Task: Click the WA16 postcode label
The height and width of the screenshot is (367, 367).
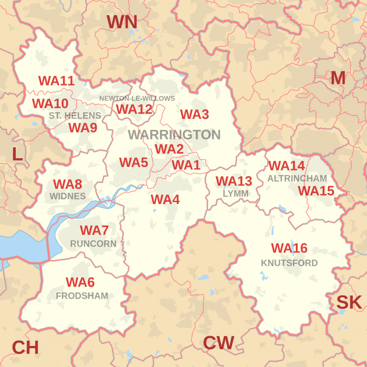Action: click(289, 248)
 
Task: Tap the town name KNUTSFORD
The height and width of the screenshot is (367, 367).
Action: click(289, 263)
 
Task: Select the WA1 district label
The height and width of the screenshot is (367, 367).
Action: click(186, 165)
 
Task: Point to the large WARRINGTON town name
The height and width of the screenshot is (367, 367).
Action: click(174, 135)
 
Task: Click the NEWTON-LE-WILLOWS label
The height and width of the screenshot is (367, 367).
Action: click(137, 98)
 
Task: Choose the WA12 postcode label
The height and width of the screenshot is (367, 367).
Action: click(134, 109)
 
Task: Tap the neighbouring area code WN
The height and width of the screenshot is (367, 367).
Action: click(122, 22)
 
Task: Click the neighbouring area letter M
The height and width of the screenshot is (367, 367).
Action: click(337, 78)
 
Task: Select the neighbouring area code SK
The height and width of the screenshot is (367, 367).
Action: click(349, 302)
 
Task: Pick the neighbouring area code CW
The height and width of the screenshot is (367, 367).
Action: click(218, 343)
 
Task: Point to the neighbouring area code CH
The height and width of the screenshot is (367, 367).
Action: click(25, 348)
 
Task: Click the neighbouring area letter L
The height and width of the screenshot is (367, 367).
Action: click(17, 154)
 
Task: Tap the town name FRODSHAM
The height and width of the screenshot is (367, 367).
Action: click(82, 296)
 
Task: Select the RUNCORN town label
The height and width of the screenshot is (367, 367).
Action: click(93, 243)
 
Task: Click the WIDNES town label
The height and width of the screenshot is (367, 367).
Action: click(67, 196)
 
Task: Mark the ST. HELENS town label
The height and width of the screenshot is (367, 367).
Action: click(75, 116)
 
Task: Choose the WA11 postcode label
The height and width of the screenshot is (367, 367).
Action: click(56, 81)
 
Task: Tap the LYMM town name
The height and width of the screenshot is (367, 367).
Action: click(236, 194)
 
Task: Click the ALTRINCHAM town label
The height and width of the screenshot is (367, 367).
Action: click(297, 178)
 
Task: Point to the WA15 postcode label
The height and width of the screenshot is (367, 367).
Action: click(316, 191)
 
